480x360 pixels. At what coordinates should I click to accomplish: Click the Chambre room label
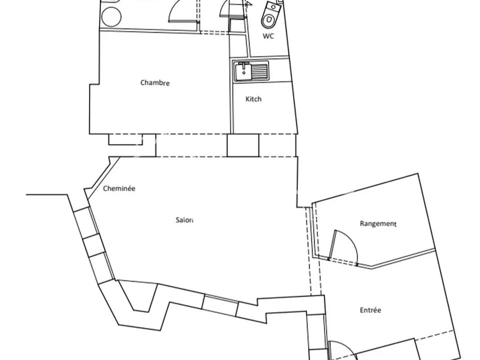155,82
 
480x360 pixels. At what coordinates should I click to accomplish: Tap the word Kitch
253,99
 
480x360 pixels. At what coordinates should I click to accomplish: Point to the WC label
268,36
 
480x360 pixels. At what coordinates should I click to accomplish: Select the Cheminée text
119,188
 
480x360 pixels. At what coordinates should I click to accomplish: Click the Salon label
184,220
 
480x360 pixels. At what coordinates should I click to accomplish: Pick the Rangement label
378,223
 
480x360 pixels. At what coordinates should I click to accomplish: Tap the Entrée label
370,310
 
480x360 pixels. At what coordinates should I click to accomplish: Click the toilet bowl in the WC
268,19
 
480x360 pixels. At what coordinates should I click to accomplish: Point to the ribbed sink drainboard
259,71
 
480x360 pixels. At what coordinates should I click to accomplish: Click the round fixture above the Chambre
111,16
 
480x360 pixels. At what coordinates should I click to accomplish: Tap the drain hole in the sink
243,73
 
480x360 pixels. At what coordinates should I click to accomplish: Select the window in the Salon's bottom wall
220,305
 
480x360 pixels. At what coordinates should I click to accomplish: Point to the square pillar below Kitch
243,145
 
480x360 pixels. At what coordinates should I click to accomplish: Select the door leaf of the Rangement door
332,245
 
